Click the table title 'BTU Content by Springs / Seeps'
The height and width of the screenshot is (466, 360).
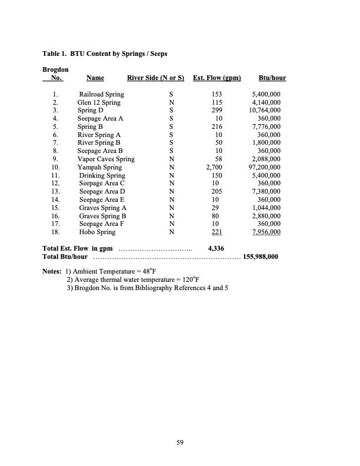coord(119,54)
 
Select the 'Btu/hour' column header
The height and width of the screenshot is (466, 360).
coord(272,78)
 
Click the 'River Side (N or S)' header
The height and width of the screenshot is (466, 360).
coord(156,78)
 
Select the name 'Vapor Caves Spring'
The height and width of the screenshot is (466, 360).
coord(106,159)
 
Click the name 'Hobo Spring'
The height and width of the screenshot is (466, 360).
coord(97,232)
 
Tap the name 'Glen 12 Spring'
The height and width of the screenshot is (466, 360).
coord(99,102)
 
